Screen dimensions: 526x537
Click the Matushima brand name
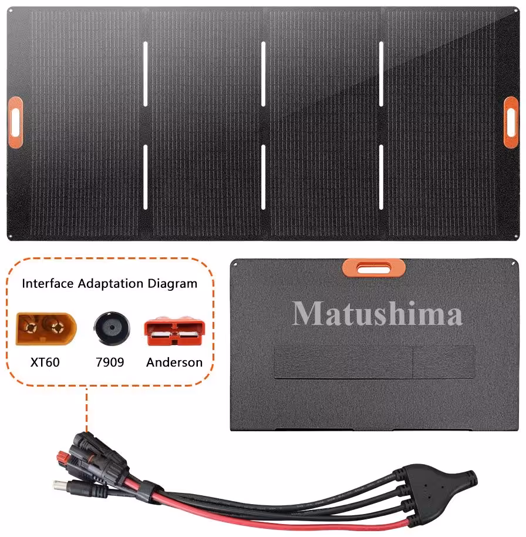point(377,313)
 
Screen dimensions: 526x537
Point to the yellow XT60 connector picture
point(46,328)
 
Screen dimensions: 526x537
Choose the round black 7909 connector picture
point(112,328)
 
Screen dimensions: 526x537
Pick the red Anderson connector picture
point(174,331)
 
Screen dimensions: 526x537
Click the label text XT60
point(45,362)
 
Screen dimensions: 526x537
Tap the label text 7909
point(110,362)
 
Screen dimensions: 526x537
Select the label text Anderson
point(174,362)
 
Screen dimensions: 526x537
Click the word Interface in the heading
point(48,284)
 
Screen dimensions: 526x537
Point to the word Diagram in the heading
point(172,284)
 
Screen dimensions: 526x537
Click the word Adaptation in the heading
point(110,284)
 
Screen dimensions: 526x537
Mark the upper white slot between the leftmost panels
point(146,73)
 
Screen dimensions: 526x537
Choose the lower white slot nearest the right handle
point(381,177)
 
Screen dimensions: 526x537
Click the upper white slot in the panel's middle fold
point(263,73)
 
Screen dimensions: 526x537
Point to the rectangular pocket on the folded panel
point(375,362)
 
